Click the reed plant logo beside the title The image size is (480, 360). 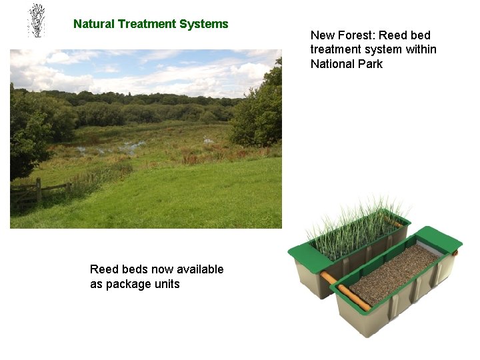pyautogui.click(x=37, y=21)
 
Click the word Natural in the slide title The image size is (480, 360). pyautogui.click(x=94, y=24)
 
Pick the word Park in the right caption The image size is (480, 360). pyautogui.click(x=370, y=64)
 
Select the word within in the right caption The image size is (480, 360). pyautogui.click(x=421, y=49)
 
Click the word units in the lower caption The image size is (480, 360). pyautogui.click(x=167, y=284)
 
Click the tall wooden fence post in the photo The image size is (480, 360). pyautogui.click(x=39, y=189)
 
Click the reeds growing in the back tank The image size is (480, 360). pyautogui.click(x=353, y=223)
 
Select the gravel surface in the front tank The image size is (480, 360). pyautogui.click(x=393, y=273)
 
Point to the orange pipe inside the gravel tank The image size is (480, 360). pyautogui.click(x=353, y=297)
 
